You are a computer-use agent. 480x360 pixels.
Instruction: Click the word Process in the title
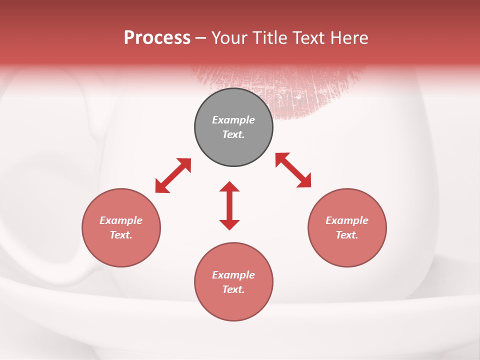pyautogui.click(x=157, y=38)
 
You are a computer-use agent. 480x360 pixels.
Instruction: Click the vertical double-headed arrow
pyautogui.click(x=229, y=206)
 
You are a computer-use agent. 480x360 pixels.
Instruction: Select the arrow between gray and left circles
pyautogui.click(x=173, y=175)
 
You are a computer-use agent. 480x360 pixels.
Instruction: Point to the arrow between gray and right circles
pyautogui.click(x=293, y=170)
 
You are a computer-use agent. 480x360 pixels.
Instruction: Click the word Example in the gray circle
pyautogui.click(x=233, y=120)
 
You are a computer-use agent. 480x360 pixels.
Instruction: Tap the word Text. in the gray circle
pyautogui.click(x=233, y=134)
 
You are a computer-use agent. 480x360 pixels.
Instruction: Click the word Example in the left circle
pyautogui.click(x=121, y=220)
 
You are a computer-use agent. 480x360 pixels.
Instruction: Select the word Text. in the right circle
pyautogui.click(x=347, y=235)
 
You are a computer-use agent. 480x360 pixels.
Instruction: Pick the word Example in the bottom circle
pyautogui.click(x=233, y=275)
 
